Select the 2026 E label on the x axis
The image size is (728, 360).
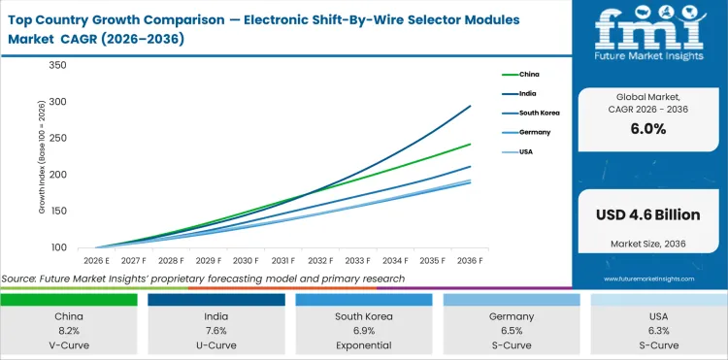coord(94,261)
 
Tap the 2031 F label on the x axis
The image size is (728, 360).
coord(283,261)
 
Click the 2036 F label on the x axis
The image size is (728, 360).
coord(471,261)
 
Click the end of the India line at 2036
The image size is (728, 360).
coord(471,106)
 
